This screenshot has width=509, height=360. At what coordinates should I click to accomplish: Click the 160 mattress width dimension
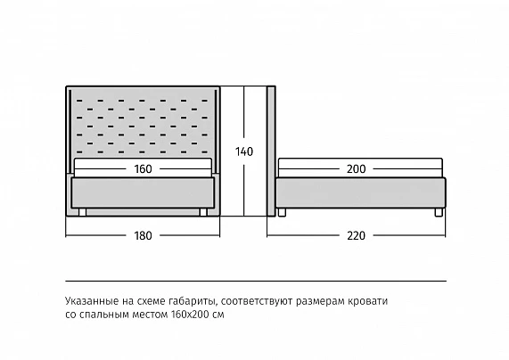tap(143, 168)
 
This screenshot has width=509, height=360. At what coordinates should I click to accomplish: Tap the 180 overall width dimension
tap(143, 235)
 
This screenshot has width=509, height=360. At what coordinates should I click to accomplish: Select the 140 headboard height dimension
tap(244, 151)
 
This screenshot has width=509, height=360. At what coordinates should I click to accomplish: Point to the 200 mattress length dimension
tap(356, 168)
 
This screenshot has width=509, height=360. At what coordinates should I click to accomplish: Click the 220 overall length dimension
tap(356, 235)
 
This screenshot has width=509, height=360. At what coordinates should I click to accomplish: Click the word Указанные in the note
tap(92, 301)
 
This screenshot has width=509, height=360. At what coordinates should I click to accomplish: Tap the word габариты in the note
tap(193, 301)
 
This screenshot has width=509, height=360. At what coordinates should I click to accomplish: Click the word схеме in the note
tap(152, 301)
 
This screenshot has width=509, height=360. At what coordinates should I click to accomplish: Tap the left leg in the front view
tap(82, 212)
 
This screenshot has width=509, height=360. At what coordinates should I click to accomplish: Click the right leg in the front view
tap(203, 212)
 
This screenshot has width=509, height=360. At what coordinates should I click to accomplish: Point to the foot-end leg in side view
tap(439, 212)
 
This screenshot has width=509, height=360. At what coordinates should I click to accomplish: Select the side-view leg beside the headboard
tap(282, 212)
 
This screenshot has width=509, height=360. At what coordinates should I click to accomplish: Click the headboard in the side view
tap(271, 151)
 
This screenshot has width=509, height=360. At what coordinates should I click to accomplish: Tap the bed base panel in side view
tap(361, 192)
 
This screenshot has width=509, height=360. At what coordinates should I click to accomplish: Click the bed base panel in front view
tap(143, 192)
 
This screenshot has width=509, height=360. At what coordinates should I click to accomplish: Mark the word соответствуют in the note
tap(257, 301)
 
